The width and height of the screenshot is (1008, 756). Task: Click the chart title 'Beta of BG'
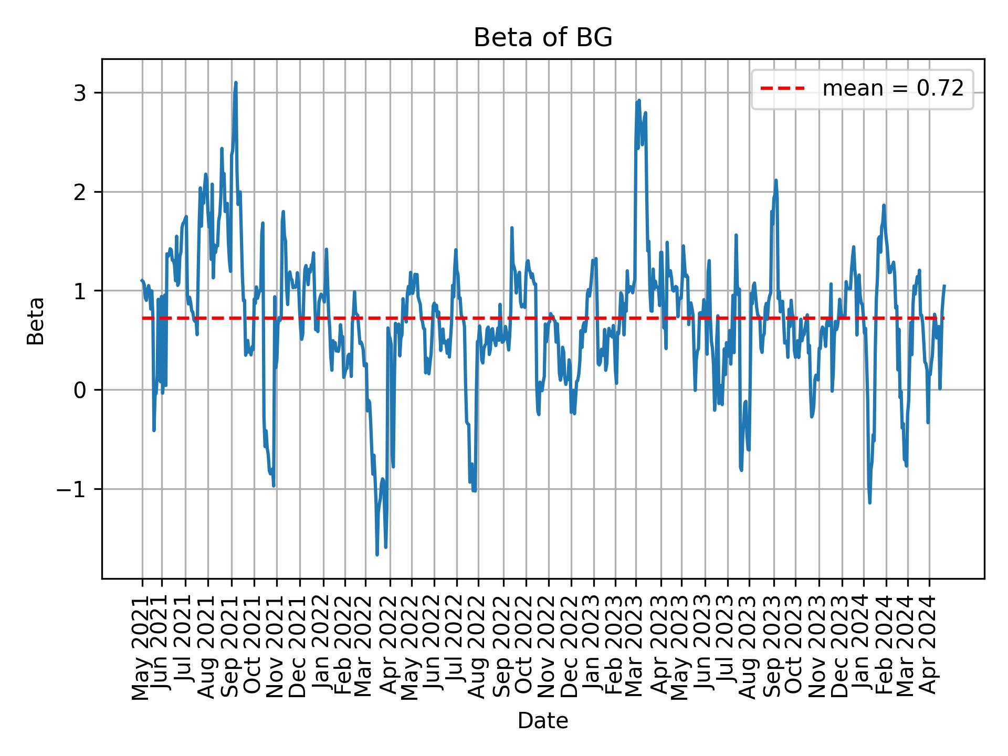pos(543,38)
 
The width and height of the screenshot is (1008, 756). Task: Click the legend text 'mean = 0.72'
pos(892,89)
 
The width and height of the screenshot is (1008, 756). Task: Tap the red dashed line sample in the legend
pos(782,89)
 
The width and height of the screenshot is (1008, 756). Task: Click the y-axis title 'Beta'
pos(36,320)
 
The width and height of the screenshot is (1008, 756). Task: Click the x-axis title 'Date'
pos(543,721)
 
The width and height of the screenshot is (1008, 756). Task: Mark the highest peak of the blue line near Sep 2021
pos(236,82)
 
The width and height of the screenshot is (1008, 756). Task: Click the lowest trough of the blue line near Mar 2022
pos(377,554)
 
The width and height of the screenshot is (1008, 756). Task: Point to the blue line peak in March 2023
pos(639,100)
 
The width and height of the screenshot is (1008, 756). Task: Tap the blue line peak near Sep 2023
pos(775,180)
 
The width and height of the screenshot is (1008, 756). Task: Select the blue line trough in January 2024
pos(870,503)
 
